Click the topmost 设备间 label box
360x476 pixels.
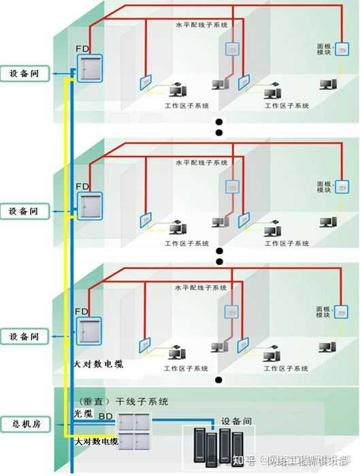point(24,74)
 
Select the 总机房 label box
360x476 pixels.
point(24,423)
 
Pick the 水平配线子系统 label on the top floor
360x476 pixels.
point(201,25)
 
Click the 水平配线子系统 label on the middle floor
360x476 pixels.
point(201,163)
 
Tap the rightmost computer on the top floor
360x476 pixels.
point(329,84)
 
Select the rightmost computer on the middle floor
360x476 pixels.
point(329,222)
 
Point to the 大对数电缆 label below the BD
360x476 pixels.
point(96,442)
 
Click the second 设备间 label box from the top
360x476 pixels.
point(24,211)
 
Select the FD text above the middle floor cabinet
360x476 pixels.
point(82,186)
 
